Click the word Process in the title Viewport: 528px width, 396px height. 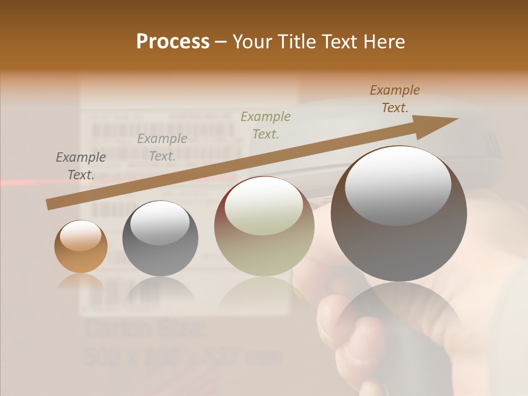[x=173, y=41]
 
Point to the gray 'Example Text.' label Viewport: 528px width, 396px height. [x=81, y=166]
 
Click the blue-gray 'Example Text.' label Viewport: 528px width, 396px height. [x=162, y=147]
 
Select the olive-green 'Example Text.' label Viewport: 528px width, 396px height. [x=266, y=125]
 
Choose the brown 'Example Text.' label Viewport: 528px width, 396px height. [x=395, y=99]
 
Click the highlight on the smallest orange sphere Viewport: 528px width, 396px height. [x=81, y=236]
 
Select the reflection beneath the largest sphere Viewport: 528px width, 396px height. [x=399, y=319]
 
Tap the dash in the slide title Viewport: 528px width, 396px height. [x=221, y=42]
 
